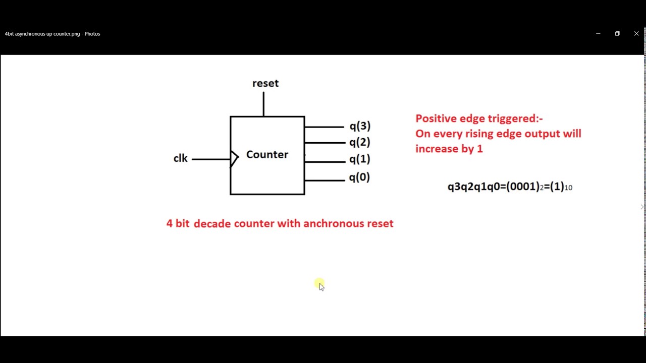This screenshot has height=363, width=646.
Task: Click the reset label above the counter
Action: tap(265, 83)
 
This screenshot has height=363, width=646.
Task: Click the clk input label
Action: tap(180, 158)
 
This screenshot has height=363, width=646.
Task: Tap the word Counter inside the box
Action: tap(267, 155)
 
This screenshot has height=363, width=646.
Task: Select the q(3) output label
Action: tap(360, 126)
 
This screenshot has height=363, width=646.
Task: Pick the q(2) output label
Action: tap(360, 142)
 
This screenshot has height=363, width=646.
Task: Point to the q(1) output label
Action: tap(360, 159)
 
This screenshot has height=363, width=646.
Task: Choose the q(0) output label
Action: tap(359, 177)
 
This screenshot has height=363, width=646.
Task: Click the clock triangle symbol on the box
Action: tap(234, 159)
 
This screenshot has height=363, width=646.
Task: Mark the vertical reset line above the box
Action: tap(263, 104)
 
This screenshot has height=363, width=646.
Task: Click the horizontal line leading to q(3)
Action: tap(324, 127)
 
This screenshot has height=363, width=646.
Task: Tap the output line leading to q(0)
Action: tap(324, 180)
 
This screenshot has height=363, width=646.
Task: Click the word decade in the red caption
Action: tap(212, 223)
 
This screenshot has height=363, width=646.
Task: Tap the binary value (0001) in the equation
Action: tap(522, 187)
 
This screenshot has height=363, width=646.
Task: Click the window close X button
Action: tap(636, 34)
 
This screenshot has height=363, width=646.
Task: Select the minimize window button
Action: tap(598, 34)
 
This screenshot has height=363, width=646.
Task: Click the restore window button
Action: tap(617, 34)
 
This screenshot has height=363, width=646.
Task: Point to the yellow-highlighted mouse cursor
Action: tap(320, 285)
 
